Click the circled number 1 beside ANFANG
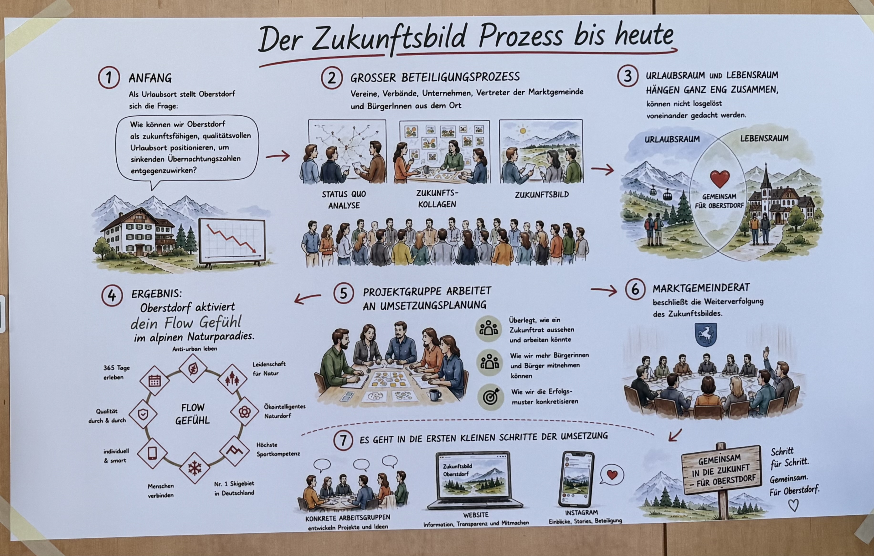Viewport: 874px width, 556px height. click(108, 78)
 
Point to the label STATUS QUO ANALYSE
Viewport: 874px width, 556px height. click(344, 200)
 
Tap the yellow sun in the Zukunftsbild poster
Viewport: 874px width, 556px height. click(523, 130)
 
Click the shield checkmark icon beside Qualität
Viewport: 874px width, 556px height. click(143, 414)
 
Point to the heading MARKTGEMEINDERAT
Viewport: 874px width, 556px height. click(701, 288)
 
